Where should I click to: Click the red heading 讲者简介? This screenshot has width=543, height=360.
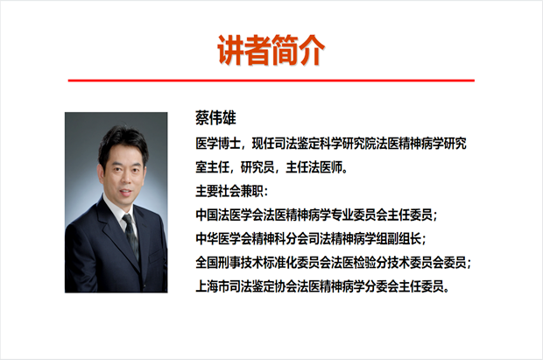click(271, 50)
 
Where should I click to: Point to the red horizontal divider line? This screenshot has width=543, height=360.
click(271, 81)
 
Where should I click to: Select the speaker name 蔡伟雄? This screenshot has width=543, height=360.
click(215, 117)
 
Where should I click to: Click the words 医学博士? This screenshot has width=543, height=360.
click(218, 143)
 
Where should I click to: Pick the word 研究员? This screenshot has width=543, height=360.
click(257, 167)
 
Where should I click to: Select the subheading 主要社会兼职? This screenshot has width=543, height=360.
click(229, 191)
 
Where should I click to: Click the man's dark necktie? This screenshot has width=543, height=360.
click(131, 236)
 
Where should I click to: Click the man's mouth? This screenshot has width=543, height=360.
click(125, 191)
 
